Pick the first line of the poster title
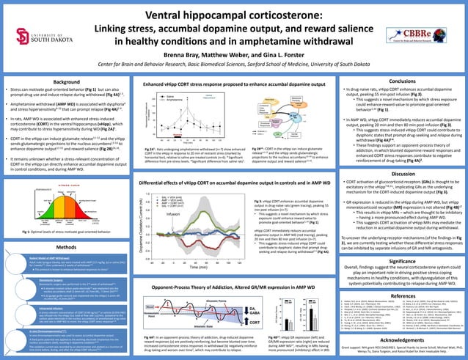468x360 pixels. coord(234,16)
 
